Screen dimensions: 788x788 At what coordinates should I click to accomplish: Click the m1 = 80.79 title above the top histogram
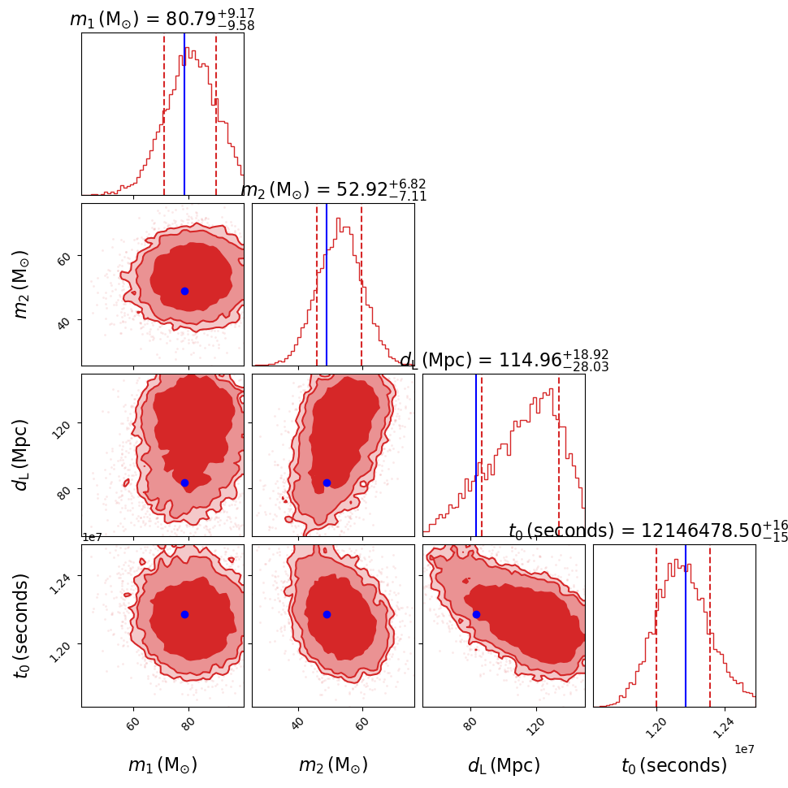point(162,19)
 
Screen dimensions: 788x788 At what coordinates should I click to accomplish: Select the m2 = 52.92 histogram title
point(333,190)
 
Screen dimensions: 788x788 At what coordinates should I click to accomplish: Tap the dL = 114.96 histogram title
point(504,361)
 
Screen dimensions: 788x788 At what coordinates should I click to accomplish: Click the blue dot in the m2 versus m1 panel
point(184,291)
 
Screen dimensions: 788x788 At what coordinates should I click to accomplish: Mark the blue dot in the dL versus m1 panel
point(184,483)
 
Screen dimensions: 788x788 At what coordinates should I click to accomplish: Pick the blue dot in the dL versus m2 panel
point(327,483)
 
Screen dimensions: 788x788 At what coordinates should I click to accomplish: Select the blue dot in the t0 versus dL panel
point(476,614)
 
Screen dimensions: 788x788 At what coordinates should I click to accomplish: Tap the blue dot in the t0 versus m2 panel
point(327,614)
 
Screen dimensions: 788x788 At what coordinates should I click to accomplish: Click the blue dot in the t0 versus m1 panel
point(184,614)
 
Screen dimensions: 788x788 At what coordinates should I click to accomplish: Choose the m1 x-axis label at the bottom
point(162,765)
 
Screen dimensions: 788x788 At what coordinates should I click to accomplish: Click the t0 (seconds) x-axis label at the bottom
point(674,765)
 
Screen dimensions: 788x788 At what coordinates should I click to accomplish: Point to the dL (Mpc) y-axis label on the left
point(22,455)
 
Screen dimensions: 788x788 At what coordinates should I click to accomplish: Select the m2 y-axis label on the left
point(22,284)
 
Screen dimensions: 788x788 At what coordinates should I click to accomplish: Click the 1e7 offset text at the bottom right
point(745,748)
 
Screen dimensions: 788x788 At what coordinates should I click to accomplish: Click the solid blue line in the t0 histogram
point(686,634)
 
